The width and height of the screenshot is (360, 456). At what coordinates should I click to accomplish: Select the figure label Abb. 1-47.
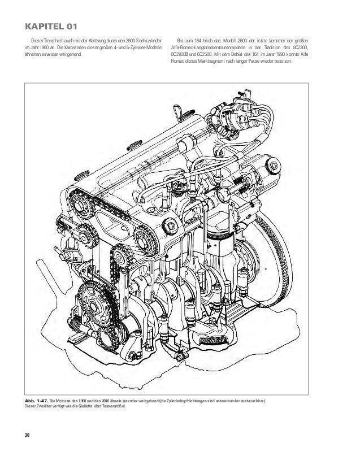[x=35, y=400]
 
